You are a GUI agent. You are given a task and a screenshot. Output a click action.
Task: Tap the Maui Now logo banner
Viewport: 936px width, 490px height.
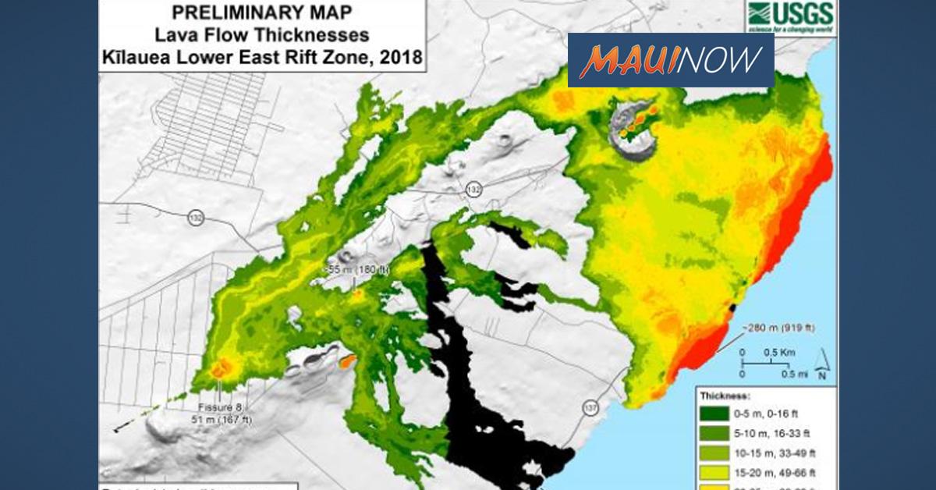click(x=671, y=59)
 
